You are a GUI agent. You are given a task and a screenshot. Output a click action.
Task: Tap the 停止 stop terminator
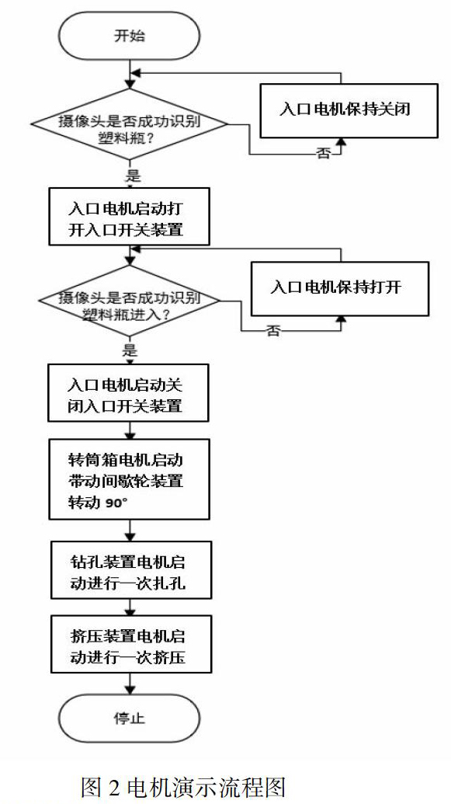[129, 718]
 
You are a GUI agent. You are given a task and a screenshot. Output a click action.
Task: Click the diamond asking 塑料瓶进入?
[130, 301]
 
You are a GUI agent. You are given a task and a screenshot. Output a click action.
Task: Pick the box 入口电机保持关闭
[349, 110]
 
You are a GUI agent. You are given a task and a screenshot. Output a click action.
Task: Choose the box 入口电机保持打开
[339, 288]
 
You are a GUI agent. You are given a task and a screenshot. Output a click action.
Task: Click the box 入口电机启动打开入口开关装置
[129, 217]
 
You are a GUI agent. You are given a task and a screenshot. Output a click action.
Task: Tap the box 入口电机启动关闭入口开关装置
[129, 393]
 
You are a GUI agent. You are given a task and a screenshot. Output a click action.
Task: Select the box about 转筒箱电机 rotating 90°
[129, 479]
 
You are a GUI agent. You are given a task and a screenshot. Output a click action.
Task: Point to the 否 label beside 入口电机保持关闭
[324, 154]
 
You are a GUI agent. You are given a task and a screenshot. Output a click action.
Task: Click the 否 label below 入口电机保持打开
[273, 331]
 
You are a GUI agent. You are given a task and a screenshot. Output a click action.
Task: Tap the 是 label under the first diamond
[133, 176]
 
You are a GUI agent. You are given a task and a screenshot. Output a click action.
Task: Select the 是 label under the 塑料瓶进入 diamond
[130, 350]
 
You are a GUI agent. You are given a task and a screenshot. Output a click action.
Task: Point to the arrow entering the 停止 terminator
[130, 684]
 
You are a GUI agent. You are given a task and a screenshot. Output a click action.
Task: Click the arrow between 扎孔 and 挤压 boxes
[130, 607]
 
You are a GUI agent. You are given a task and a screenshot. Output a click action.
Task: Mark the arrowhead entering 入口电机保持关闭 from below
[338, 143]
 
